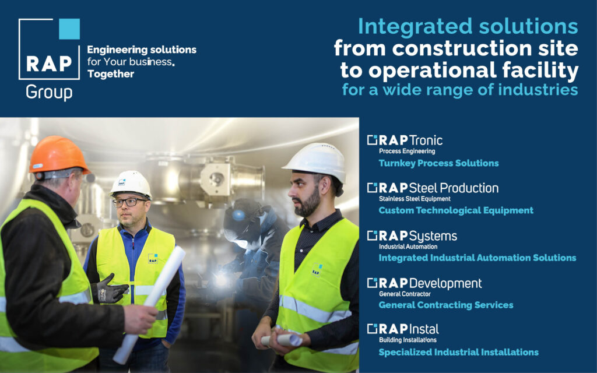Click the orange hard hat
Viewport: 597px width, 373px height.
coord(58,155)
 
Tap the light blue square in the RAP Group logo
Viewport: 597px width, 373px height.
coord(69,29)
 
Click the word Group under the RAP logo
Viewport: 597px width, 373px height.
coord(49,93)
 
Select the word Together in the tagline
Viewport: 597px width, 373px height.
coord(110,74)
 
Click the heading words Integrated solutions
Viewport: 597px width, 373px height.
coord(468,27)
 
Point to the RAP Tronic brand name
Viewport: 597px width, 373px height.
coord(405,140)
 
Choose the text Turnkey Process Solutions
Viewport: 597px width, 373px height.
coord(438,163)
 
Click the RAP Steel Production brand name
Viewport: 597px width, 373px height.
coord(433,188)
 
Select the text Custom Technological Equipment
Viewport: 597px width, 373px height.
coord(456,210)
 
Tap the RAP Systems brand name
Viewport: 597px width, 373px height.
coord(412,236)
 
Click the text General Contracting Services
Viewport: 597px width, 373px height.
coord(446,305)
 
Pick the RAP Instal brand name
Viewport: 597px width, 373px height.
coord(403,329)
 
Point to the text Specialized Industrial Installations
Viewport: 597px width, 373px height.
coord(458,352)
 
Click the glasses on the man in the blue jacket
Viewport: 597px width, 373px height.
coord(129,202)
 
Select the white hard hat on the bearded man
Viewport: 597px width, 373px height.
coord(315,161)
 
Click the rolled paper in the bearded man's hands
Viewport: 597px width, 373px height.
coord(282,340)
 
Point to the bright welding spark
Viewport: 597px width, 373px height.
coord(221,280)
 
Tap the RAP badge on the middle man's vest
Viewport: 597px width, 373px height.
coord(153,259)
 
